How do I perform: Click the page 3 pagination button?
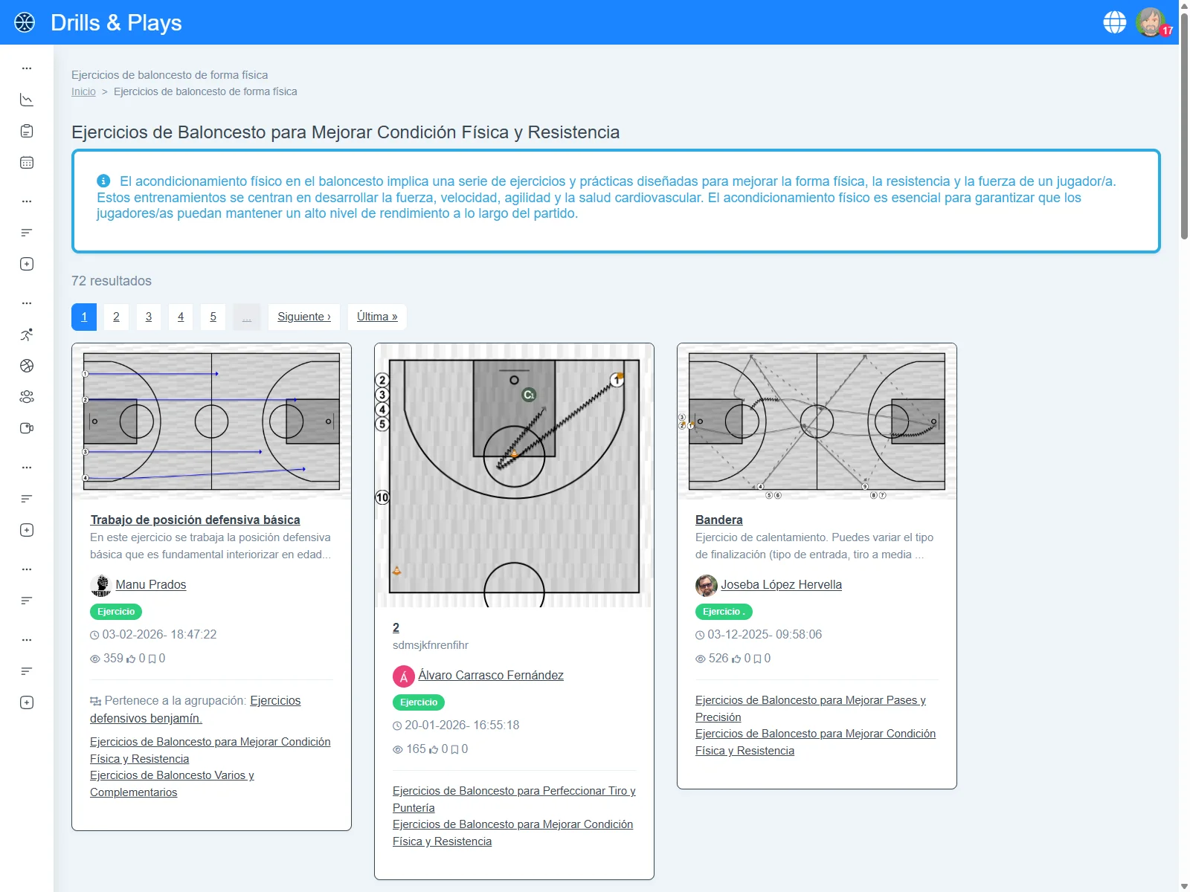[x=148, y=317]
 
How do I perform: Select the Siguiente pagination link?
[x=303, y=317]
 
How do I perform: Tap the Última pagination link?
[x=377, y=317]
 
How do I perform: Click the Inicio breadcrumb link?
[x=83, y=91]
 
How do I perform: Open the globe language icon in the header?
[x=1114, y=22]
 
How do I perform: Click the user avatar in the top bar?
[x=1149, y=22]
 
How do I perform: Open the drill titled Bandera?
[x=718, y=520]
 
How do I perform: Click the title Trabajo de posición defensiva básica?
[x=195, y=520]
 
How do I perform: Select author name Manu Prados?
[x=151, y=584]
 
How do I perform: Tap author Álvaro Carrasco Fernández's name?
[x=491, y=675]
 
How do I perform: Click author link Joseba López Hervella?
[x=781, y=584]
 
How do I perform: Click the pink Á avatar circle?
[x=403, y=676]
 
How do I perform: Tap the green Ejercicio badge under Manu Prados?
[x=116, y=612]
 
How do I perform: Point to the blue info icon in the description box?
[x=103, y=181]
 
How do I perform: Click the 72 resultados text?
[x=111, y=280]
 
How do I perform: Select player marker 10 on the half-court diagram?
[x=382, y=497]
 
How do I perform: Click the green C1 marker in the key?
[x=529, y=395]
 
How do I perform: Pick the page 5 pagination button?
[x=213, y=317]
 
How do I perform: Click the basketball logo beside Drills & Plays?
[x=25, y=22]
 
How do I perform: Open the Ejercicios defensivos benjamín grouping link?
[x=195, y=709]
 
